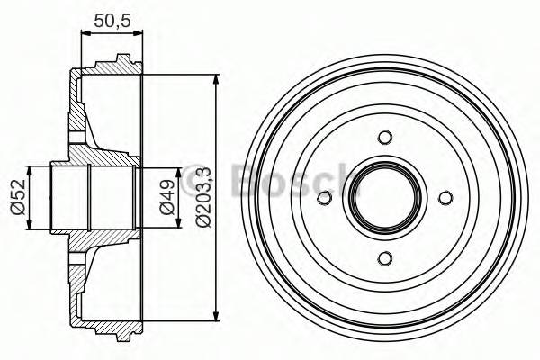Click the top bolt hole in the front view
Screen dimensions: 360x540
coord(385,138)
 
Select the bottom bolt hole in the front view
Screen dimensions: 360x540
coord(385,259)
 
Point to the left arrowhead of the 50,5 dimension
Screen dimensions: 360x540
coord(85,34)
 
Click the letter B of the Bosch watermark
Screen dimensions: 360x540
coord(246,180)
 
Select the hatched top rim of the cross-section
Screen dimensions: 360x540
coord(112,69)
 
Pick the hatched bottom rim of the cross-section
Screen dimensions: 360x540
coord(112,326)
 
